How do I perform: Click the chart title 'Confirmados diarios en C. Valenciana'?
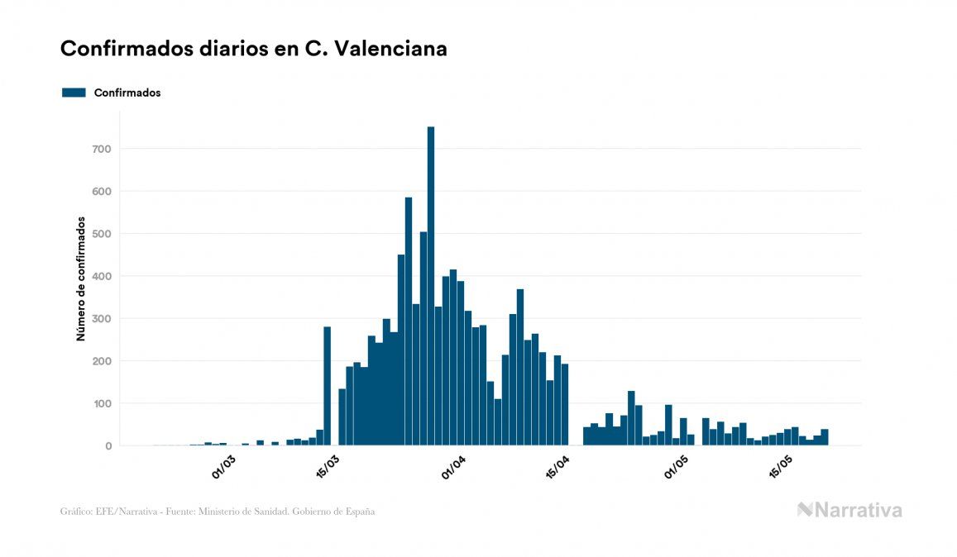254,49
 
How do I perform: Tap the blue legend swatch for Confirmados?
74,93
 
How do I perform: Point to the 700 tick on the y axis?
101,149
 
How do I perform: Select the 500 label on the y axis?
101,234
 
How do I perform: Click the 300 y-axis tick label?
101,319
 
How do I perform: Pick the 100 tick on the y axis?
101,404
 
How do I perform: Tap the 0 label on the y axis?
107,446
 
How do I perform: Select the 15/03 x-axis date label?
328,467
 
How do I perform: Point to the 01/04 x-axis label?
453,467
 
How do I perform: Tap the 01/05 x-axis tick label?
677,467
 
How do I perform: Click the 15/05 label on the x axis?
781,467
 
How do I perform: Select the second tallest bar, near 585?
409,321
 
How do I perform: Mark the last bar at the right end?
825,437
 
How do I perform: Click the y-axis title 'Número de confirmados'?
81,279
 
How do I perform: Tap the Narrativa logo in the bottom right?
849,510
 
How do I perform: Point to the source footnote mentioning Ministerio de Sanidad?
218,512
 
